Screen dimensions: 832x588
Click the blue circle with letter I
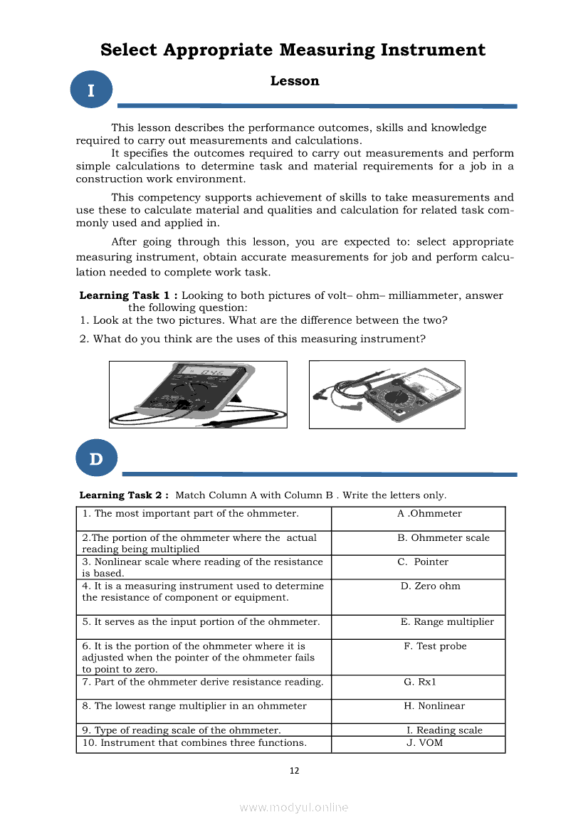(x=92, y=90)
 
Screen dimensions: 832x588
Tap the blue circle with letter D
(x=95, y=459)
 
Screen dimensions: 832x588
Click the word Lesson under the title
(x=295, y=81)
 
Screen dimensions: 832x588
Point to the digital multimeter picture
(x=198, y=394)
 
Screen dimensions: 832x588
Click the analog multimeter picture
(x=387, y=394)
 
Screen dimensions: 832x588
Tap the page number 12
(x=294, y=770)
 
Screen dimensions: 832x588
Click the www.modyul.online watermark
(x=294, y=807)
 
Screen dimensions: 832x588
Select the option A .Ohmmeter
(x=429, y=513)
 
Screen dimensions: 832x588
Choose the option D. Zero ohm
(x=430, y=586)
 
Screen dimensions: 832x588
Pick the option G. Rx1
(x=419, y=682)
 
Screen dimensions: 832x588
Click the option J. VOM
(x=424, y=743)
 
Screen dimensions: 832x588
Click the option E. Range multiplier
(x=447, y=621)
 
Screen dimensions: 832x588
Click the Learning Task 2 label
(x=124, y=495)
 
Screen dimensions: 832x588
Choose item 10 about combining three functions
(x=194, y=743)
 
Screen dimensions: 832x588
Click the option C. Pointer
(x=423, y=562)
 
